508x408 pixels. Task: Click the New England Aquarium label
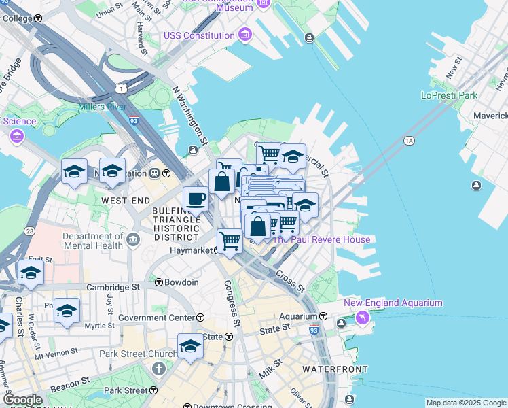393,303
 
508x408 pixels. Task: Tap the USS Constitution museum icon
246,35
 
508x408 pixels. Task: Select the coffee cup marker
196,199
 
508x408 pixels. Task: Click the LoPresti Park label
449,95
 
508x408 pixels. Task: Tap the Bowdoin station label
181,282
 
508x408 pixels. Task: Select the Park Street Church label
130,354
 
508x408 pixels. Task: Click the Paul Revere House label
321,239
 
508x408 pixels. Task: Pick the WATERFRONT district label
335,369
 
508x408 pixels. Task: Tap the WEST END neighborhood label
125,201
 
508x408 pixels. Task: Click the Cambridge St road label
113,288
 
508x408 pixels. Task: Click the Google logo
22,400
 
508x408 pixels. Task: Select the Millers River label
102,107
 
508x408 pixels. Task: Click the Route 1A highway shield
408,141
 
